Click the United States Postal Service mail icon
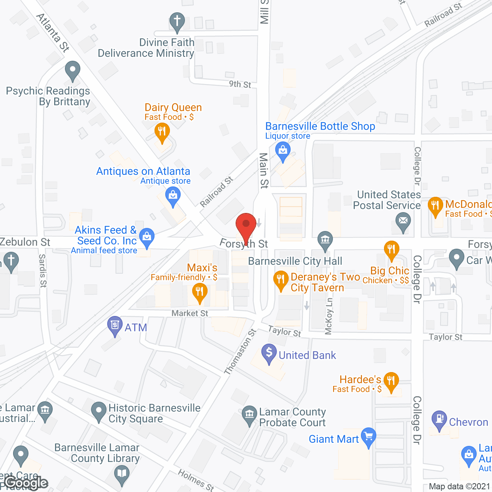pos(403,221)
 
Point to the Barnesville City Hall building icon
pos(325,240)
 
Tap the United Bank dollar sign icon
pos(269,352)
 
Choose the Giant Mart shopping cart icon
pos(368,437)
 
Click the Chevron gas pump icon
pos(439,419)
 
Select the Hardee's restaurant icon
pos(391,381)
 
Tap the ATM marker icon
pos(115,325)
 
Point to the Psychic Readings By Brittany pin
pos(72,70)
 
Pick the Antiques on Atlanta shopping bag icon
pos(173,196)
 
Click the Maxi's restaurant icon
pos(199,292)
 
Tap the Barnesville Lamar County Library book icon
pos(122,473)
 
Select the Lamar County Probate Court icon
pos(249,414)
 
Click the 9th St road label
pos(240,84)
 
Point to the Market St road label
pos(189,313)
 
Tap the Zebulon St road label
pos(25,242)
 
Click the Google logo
pos(26,483)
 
